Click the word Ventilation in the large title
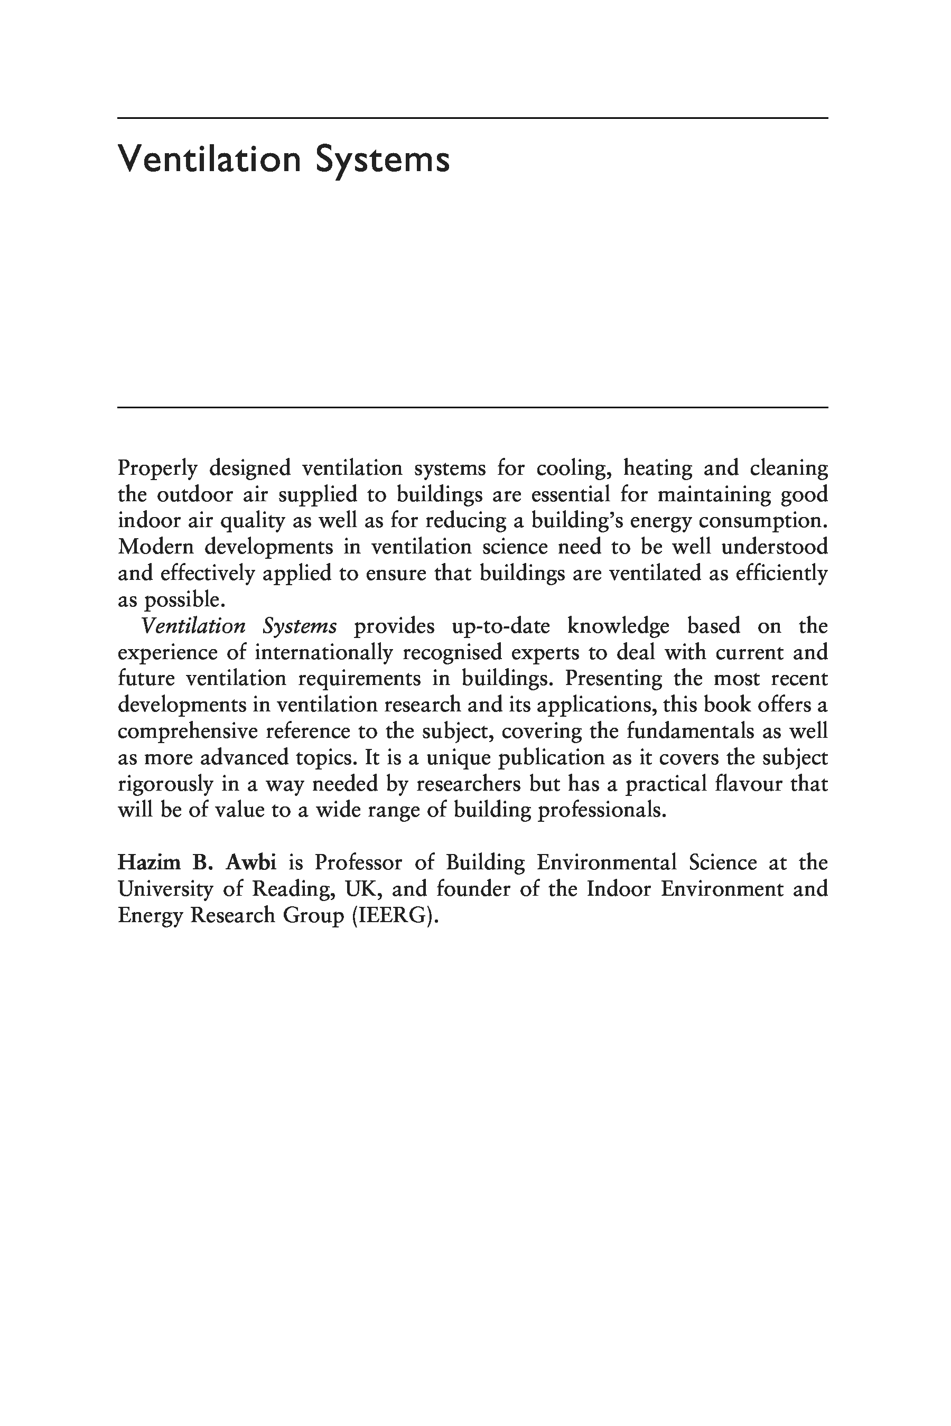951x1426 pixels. (x=209, y=159)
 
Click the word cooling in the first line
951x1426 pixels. (x=572, y=468)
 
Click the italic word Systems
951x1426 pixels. (x=300, y=626)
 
